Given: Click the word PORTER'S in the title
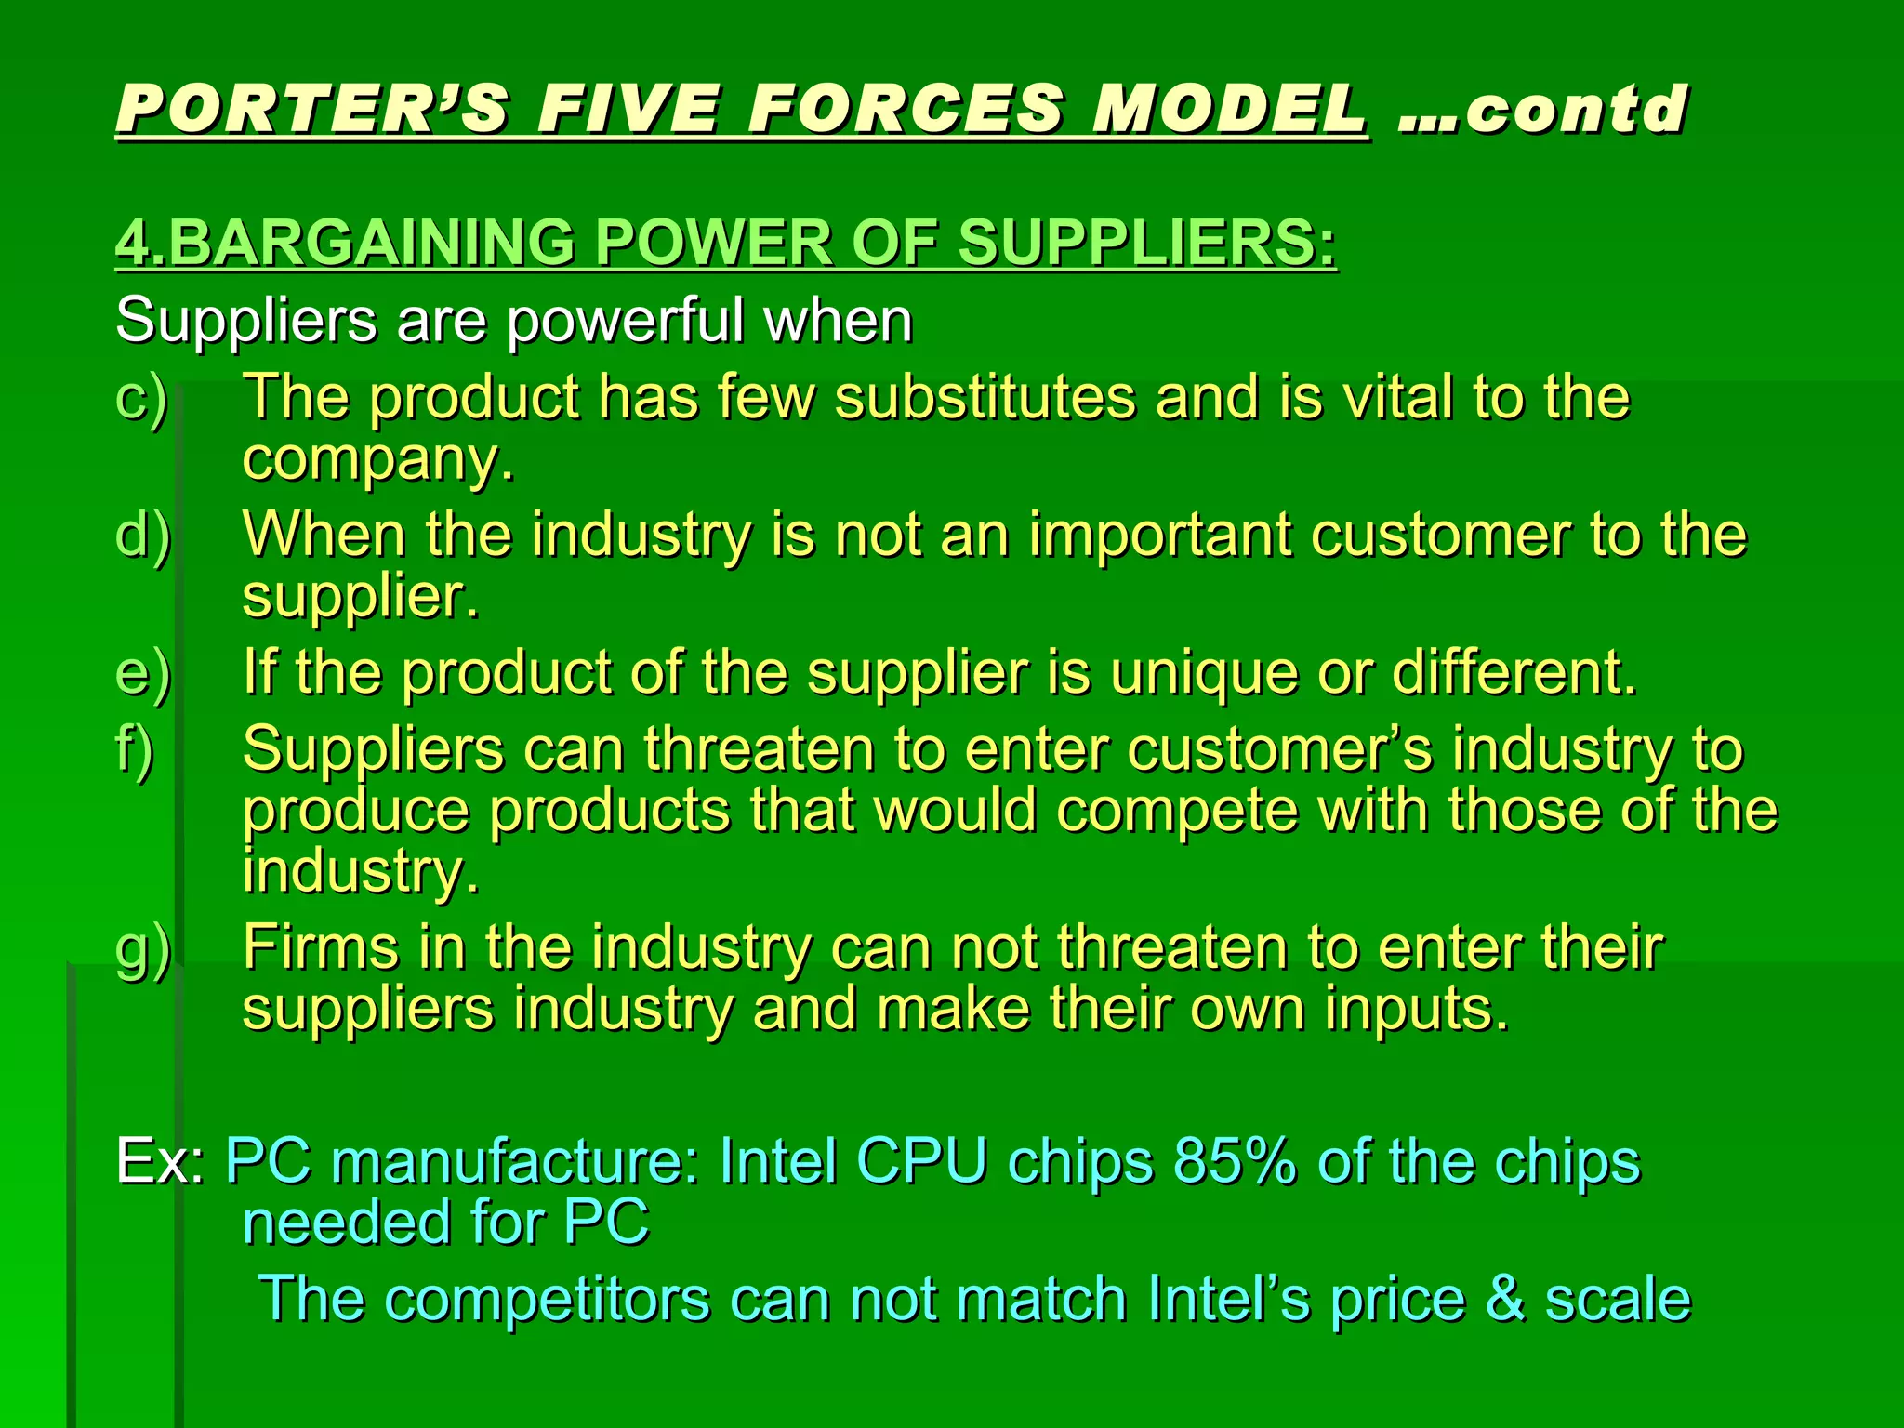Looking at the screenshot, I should [x=312, y=109].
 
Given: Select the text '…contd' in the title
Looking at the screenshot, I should [x=1543, y=109].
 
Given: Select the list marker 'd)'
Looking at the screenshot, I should [x=142, y=535].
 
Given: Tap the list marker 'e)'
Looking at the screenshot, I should [x=142, y=673].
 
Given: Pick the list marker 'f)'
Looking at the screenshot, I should [x=134, y=750].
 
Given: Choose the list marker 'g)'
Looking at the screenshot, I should [x=142, y=949].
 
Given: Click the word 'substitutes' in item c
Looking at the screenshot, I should [x=985, y=398].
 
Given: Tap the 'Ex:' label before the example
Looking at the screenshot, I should [x=160, y=1161].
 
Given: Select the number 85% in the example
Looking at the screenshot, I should [x=1235, y=1161].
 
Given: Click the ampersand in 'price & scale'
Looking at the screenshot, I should [x=1504, y=1299].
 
